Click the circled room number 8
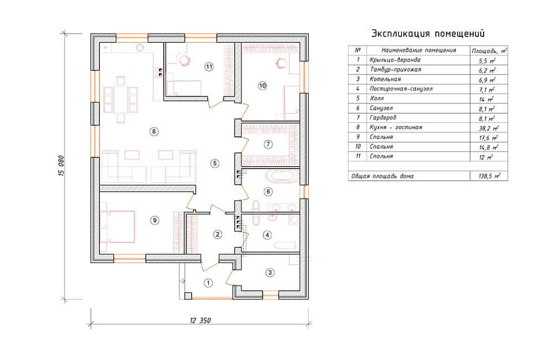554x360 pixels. click(x=154, y=132)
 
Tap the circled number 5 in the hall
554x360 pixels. click(x=215, y=163)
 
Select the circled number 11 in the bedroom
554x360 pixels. click(x=209, y=67)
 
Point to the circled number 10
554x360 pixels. click(x=263, y=85)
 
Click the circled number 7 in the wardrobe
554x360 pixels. click(x=268, y=144)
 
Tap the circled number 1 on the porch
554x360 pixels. click(x=209, y=283)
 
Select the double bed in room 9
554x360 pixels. click(x=118, y=224)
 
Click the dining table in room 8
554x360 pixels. click(x=121, y=98)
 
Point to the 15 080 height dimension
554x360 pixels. click(x=59, y=166)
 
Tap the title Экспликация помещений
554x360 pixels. click(x=428, y=33)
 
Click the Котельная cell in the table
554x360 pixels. click(x=385, y=79)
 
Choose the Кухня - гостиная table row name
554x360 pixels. click(x=396, y=127)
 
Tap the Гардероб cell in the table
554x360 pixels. click(x=383, y=118)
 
